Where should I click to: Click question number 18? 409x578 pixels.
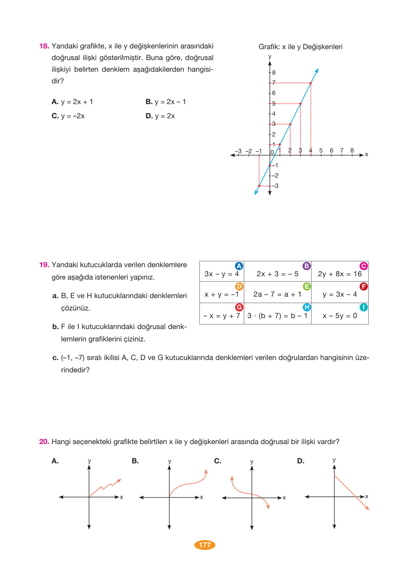point(44,46)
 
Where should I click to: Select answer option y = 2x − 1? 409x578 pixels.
point(166,102)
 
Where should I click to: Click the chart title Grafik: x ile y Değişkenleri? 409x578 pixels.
point(300,47)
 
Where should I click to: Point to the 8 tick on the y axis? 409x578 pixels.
point(274,72)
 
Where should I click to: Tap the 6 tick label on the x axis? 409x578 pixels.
point(331,150)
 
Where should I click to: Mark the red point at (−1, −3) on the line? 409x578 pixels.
point(259,186)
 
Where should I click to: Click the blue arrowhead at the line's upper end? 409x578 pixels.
point(317,71)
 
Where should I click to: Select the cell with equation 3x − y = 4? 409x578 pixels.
point(221,274)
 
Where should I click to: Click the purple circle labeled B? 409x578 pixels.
point(307,266)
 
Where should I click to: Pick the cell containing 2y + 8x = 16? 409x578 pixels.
point(339,274)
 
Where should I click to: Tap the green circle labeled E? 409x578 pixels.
point(307,286)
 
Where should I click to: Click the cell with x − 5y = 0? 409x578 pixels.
point(339,316)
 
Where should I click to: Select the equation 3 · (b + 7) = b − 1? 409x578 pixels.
point(277,316)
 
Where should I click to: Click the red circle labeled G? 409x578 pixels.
point(239,307)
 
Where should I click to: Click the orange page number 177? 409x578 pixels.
point(205,545)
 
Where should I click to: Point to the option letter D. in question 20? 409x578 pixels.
point(300,461)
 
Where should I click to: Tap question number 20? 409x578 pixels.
point(44,442)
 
